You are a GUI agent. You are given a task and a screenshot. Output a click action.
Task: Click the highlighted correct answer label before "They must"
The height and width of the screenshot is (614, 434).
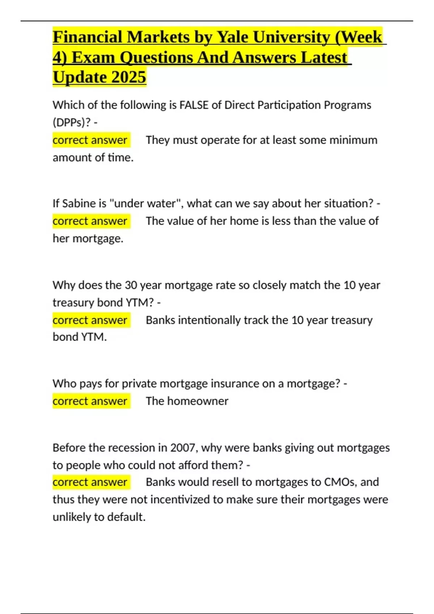tap(90, 140)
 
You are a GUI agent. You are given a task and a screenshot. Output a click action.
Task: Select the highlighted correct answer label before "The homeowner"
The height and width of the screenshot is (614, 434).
tap(90, 401)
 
